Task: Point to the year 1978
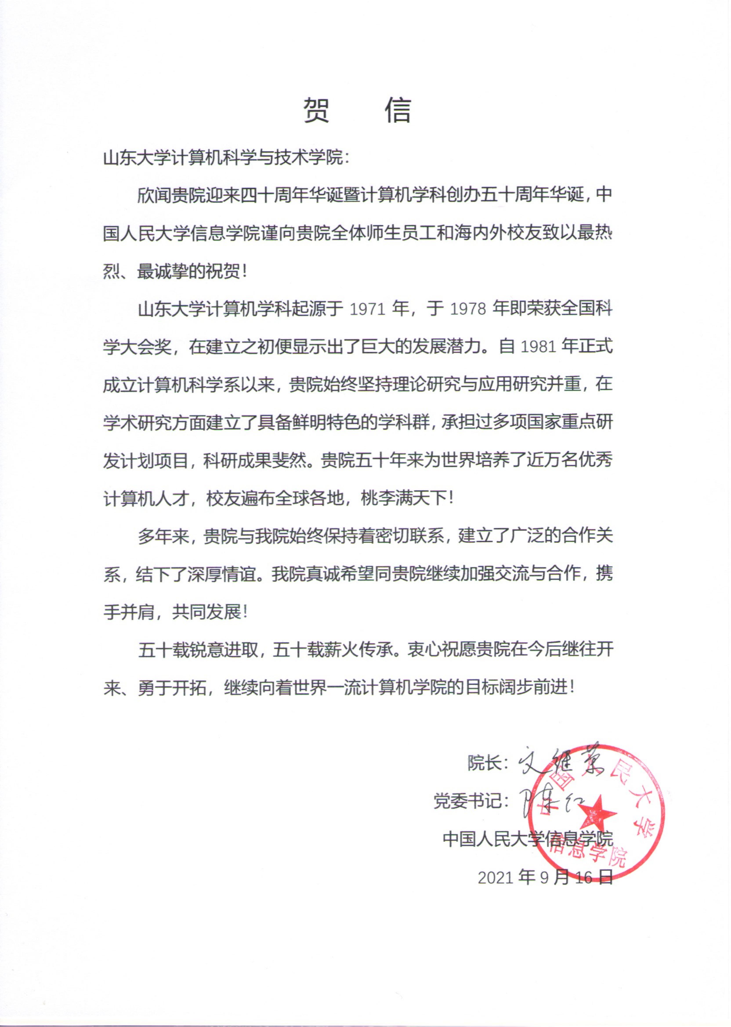pyautogui.click(x=468, y=310)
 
